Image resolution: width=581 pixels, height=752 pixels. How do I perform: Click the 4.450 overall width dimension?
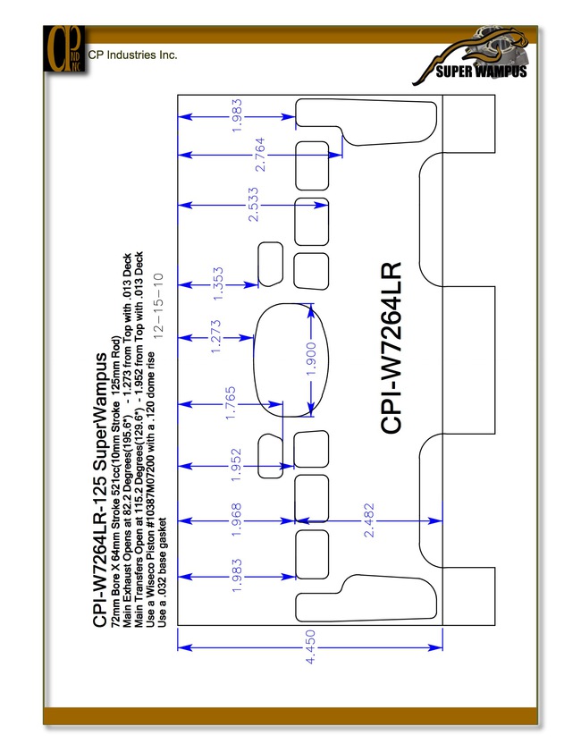pos(311,647)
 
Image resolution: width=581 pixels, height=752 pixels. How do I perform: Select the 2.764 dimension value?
pos(260,155)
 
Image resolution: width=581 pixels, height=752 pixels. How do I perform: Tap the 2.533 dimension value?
pos(253,205)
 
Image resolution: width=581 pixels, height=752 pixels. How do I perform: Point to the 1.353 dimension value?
pos(217,284)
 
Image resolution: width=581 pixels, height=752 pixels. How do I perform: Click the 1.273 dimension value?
pos(215,337)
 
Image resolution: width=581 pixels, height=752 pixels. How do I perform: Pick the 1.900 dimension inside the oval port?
pos(311,359)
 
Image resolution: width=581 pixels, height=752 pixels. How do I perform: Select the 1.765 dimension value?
pos(230,403)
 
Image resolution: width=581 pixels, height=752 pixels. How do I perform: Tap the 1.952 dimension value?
pos(236,465)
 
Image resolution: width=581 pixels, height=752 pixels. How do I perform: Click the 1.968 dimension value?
pos(236,520)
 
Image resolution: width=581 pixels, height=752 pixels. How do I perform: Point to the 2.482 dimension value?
pos(368,520)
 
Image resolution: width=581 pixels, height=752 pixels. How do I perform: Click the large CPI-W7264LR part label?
pos(391,348)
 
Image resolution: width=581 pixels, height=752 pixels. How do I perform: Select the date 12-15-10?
pos(158,306)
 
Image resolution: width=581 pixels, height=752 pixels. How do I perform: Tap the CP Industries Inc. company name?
pos(132,55)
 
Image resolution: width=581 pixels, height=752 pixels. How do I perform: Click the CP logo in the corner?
pos(64,49)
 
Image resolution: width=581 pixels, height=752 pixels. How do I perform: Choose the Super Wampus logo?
pos(471,56)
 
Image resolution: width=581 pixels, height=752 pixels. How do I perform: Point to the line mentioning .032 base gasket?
pos(163,572)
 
